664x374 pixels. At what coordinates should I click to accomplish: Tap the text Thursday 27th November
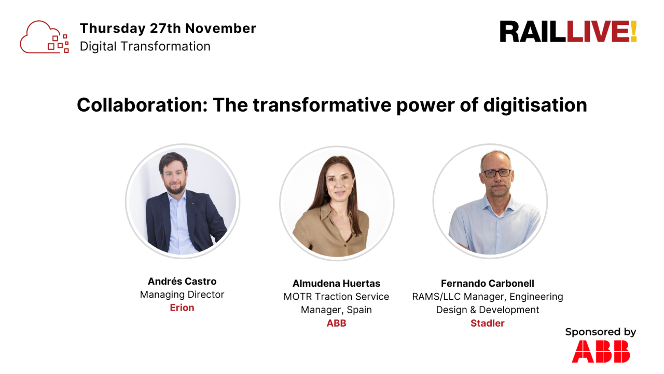[x=168, y=28]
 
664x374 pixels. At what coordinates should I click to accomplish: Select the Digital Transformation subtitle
[x=145, y=46]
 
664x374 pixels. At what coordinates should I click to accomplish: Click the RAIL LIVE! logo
[x=568, y=32]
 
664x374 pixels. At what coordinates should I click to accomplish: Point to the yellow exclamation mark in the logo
[x=633, y=32]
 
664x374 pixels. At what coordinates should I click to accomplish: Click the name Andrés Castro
[x=182, y=281]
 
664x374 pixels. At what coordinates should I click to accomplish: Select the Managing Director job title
[x=182, y=295]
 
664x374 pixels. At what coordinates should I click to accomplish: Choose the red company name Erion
[x=182, y=308]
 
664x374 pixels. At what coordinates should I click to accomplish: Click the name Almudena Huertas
[x=336, y=283]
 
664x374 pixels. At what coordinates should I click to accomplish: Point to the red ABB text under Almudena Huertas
[x=336, y=323]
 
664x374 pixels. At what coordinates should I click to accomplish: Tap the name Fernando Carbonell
[x=487, y=283]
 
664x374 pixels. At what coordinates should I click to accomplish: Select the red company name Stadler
[x=487, y=323]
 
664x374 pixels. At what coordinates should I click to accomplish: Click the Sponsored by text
[x=600, y=332]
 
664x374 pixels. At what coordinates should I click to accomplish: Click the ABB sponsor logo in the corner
[x=601, y=352]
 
